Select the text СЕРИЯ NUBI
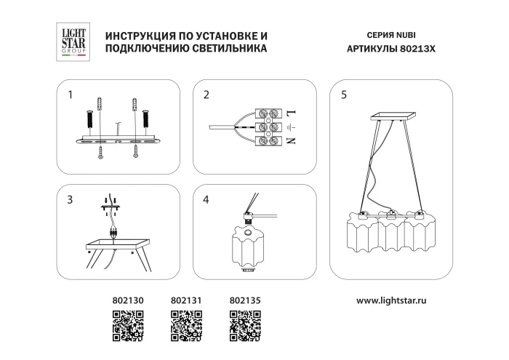pos(393,35)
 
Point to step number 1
pos(71,95)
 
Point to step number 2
pos(207,95)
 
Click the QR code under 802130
pos(127,325)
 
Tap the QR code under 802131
pos(185,325)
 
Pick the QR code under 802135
pos(245,325)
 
